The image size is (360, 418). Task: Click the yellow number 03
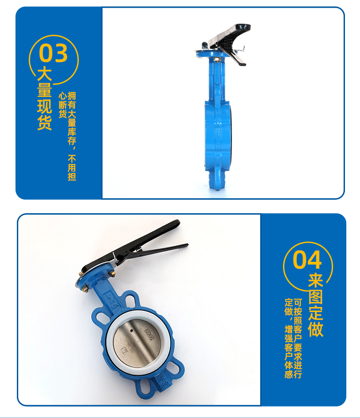[x=53, y=53]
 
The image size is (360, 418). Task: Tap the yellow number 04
[x=307, y=260]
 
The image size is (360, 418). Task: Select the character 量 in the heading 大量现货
[x=44, y=90]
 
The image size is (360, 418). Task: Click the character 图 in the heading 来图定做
[x=316, y=297]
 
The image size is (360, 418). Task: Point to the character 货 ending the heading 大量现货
[x=44, y=122]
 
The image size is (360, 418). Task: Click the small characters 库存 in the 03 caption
[x=72, y=136]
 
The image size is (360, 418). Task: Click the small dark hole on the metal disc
[x=132, y=331]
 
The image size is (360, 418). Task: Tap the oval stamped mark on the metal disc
[x=149, y=334]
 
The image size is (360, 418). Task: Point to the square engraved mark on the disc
[x=124, y=350]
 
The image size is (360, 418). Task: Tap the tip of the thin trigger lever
[x=187, y=245]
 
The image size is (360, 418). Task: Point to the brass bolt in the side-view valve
[x=217, y=60]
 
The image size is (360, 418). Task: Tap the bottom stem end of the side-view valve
[x=217, y=187]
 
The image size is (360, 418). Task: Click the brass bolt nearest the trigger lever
[x=112, y=274]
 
